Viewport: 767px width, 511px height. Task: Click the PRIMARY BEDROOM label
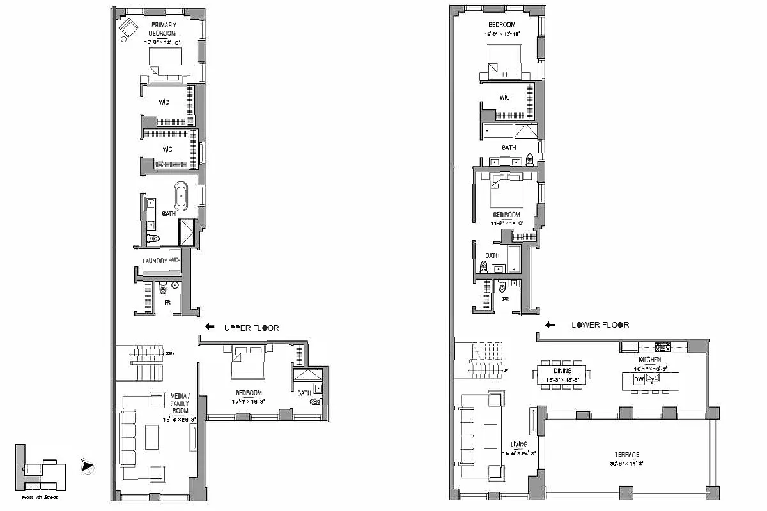(x=162, y=29)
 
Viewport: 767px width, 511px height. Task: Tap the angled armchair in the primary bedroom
(x=129, y=29)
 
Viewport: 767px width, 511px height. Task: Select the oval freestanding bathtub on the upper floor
(x=182, y=196)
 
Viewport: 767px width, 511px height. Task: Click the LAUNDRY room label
(x=155, y=261)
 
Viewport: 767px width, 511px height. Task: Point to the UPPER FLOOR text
(x=251, y=328)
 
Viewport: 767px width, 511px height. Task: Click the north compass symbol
(x=88, y=467)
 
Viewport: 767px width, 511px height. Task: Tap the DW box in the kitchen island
(x=638, y=379)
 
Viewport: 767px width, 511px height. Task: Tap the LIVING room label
(x=518, y=444)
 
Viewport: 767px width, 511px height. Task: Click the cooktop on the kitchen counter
(x=662, y=347)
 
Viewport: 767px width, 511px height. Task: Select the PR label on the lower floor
(x=505, y=299)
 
